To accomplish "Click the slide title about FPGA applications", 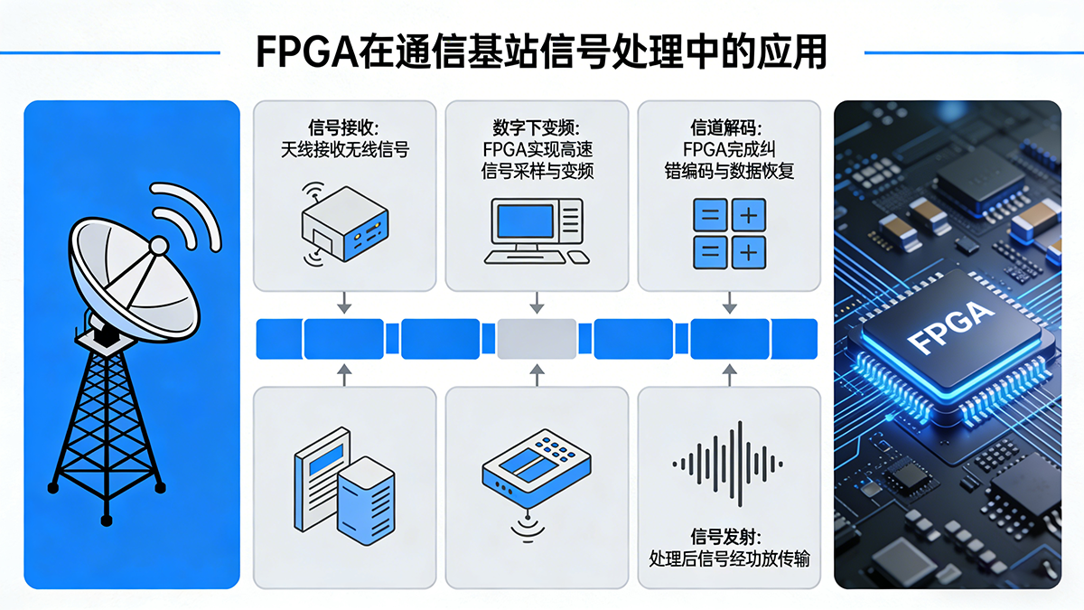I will pos(541,52).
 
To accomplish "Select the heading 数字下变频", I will pos(537,127).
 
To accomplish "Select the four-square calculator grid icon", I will pos(728,234).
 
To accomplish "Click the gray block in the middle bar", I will pos(537,339).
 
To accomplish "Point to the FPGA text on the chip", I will pos(949,329).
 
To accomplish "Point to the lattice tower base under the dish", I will pos(107,425).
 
